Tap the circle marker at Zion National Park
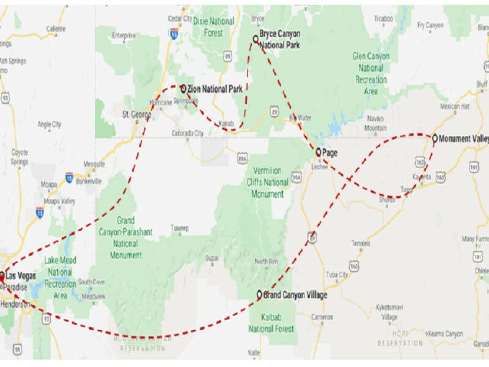pos(183,88)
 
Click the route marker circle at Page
pos(318,151)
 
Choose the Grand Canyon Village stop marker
pos(259,295)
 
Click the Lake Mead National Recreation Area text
pos(60,278)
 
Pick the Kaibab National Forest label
pos(271,323)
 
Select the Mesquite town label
pos(94,164)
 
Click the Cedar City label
pos(179,18)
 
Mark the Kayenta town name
pos(421,177)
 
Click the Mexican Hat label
pos(454,106)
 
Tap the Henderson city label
pos(15,304)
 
